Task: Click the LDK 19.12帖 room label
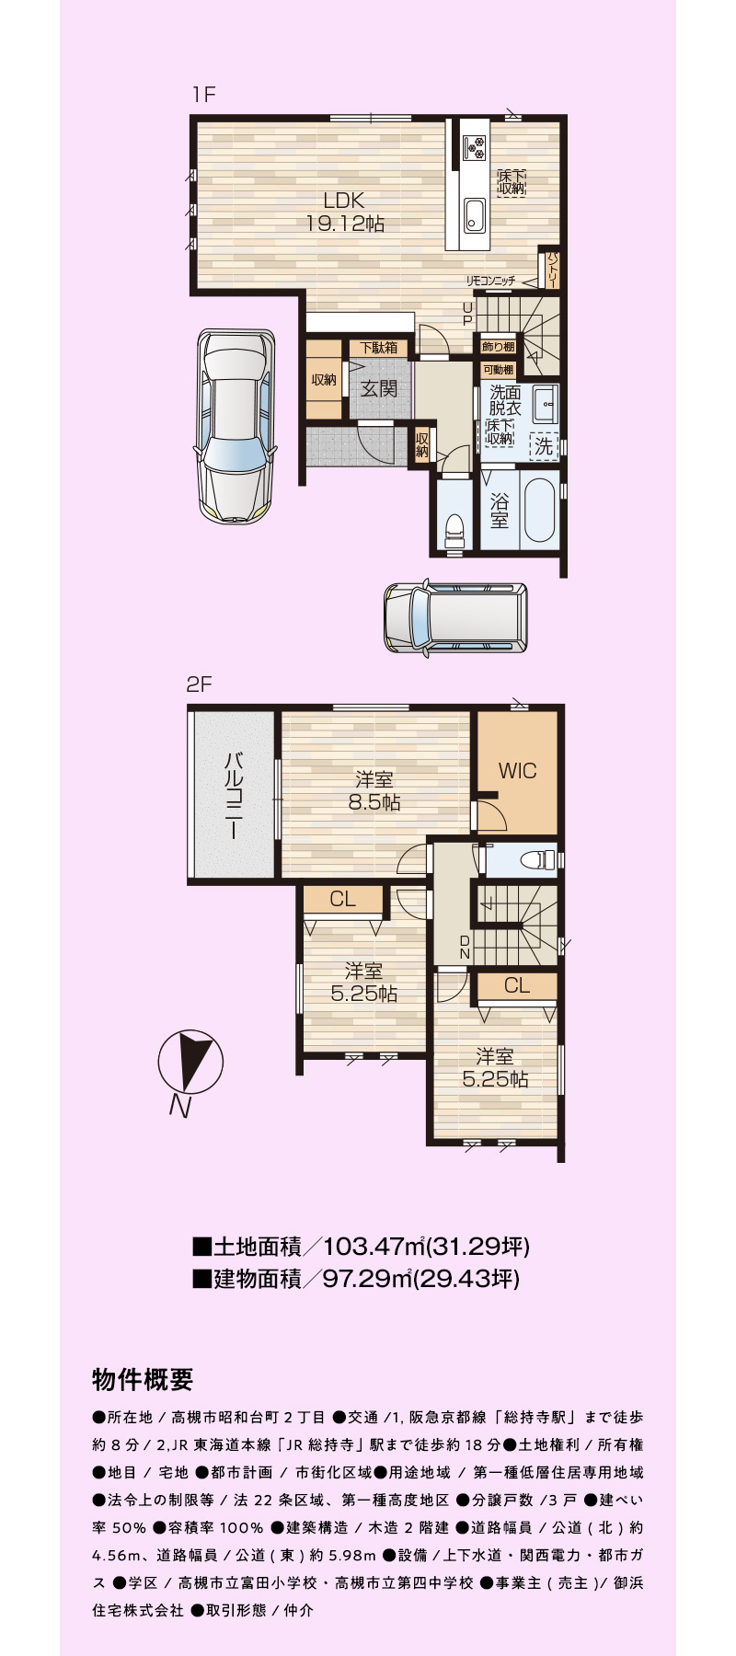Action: (x=345, y=212)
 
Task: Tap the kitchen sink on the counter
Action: (x=475, y=216)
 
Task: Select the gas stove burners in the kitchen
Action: (x=476, y=146)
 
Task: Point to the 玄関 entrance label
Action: (x=378, y=388)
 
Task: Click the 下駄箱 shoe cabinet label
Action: (x=379, y=348)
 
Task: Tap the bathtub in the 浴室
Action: (x=538, y=511)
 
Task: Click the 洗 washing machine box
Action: (x=545, y=446)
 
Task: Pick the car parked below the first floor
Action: (x=455, y=617)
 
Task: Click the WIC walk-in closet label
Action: (x=517, y=771)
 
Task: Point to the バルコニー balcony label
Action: (x=235, y=795)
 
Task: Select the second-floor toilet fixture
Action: (x=533, y=860)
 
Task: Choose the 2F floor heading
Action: (x=200, y=684)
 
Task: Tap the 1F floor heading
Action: (x=203, y=94)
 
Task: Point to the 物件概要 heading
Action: (x=143, y=1380)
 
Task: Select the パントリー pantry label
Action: (x=553, y=270)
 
